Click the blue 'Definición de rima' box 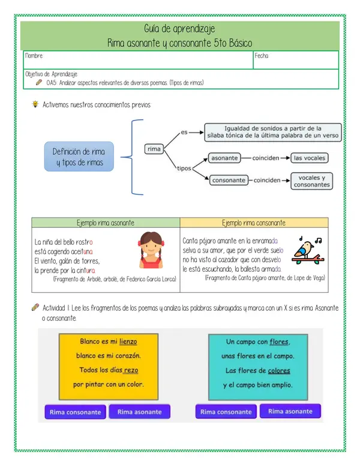point(79,157)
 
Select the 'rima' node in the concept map point(154,149)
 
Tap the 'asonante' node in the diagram point(224,158)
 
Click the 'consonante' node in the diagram point(229,180)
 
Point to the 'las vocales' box point(310,158)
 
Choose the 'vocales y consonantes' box point(311,181)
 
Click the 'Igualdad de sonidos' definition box point(272,132)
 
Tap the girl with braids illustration point(150,250)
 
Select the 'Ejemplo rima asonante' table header point(106,223)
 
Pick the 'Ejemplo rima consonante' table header point(254,223)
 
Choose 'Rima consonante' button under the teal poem point(226,412)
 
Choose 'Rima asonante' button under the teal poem point(290,411)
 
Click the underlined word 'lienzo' point(128,342)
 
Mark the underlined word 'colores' point(279,371)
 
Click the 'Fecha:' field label point(262,56)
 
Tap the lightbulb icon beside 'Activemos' point(35,104)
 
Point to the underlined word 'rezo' point(131,370)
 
